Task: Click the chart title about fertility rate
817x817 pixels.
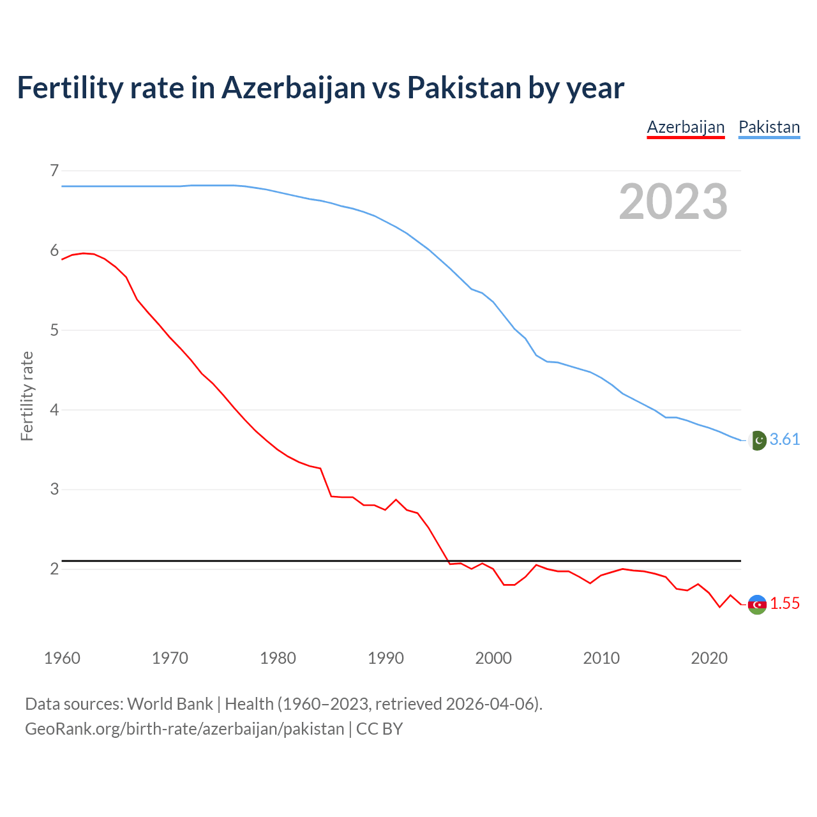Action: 320,88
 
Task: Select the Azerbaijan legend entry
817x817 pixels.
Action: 686,127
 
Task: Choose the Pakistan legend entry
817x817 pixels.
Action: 768,127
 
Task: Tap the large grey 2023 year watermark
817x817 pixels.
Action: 673,202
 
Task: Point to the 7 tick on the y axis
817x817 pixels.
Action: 54,170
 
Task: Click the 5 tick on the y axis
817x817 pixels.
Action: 54,330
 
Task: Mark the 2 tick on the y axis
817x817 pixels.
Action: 54,569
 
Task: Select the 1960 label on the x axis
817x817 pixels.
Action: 62,658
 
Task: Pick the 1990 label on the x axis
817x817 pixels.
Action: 386,658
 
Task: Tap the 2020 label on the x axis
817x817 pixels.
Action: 709,658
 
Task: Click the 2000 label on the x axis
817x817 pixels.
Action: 493,658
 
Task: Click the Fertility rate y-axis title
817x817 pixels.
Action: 27,396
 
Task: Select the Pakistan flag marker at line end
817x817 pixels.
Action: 757,440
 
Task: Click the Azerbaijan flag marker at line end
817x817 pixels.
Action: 757,604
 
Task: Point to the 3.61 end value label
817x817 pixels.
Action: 784,440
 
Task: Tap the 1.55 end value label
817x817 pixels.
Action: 784,604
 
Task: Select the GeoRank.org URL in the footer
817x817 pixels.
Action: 184,729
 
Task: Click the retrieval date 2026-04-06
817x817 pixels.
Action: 489,704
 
